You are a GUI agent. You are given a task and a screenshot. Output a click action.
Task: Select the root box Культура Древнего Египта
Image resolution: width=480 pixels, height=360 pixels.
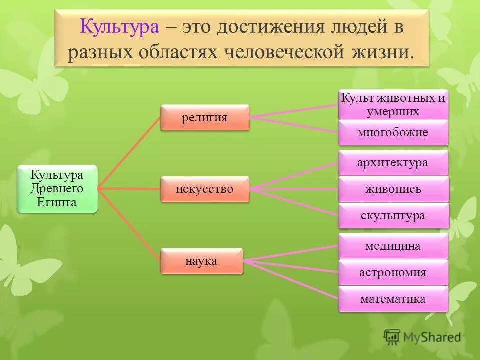pyautogui.click(x=57, y=189)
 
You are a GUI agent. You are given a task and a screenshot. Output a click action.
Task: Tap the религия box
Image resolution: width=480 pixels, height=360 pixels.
pyautogui.click(x=204, y=117)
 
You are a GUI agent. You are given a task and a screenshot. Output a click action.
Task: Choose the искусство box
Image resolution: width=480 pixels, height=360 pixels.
pyautogui.click(x=204, y=189)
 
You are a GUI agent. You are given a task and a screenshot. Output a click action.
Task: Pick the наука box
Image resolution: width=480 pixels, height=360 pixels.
pyautogui.click(x=201, y=260)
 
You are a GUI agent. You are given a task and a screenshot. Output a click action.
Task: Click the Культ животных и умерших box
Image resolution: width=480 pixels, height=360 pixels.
pyautogui.click(x=393, y=105)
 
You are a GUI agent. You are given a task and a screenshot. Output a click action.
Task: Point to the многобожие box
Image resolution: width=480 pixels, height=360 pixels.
pyautogui.click(x=393, y=132)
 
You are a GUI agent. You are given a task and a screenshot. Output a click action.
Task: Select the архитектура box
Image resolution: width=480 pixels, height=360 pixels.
pyautogui.click(x=393, y=163)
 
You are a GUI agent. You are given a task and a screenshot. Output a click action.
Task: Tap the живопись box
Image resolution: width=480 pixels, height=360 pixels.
pyautogui.click(x=393, y=189)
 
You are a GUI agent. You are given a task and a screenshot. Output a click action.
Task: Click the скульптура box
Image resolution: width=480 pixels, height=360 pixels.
pyautogui.click(x=393, y=216)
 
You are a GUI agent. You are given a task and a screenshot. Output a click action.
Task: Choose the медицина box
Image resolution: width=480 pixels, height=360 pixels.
pyautogui.click(x=393, y=246)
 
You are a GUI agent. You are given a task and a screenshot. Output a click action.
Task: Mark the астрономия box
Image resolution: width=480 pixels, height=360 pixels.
pyautogui.click(x=393, y=272)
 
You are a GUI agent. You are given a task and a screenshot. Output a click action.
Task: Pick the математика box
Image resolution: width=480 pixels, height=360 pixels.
pyautogui.click(x=393, y=299)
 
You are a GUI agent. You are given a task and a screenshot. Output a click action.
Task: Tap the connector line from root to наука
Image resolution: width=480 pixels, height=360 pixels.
pyautogui.click(x=129, y=224)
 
